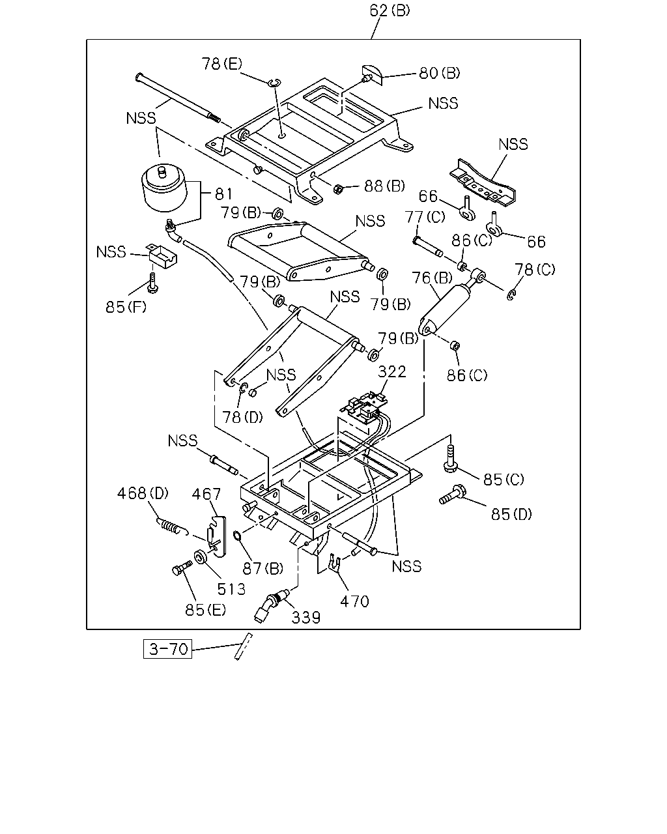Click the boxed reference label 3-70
(x=167, y=649)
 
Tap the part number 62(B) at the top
(x=390, y=10)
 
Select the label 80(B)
(x=439, y=73)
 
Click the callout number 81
(x=223, y=194)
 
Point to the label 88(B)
(x=384, y=186)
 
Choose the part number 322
(x=392, y=371)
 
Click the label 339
(x=305, y=618)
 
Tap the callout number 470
(x=354, y=601)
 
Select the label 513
(x=231, y=589)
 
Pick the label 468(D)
(x=143, y=493)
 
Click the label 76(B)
(x=432, y=278)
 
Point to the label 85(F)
(x=126, y=307)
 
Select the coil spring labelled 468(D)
(x=170, y=526)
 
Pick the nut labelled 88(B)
(x=338, y=189)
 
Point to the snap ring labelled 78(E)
(x=275, y=82)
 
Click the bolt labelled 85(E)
(x=182, y=568)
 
